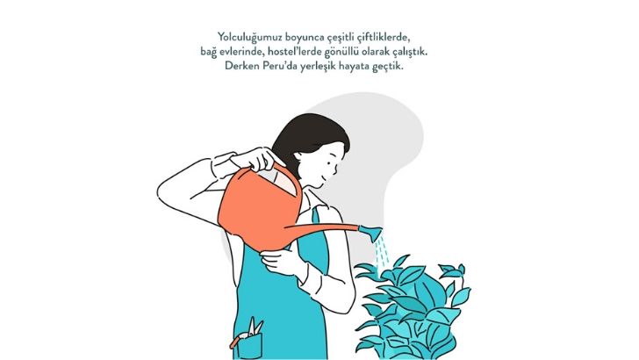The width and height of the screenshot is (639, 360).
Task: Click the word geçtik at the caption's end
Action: tap(387, 67)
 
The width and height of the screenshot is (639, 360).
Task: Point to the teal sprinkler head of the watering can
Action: tap(372, 233)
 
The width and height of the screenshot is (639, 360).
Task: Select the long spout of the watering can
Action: tap(322, 228)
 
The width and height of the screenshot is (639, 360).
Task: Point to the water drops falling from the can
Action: tap(381, 252)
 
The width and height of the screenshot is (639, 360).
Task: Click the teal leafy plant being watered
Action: tap(412, 310)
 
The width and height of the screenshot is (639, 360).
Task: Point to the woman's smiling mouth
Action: tap(323, 178)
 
